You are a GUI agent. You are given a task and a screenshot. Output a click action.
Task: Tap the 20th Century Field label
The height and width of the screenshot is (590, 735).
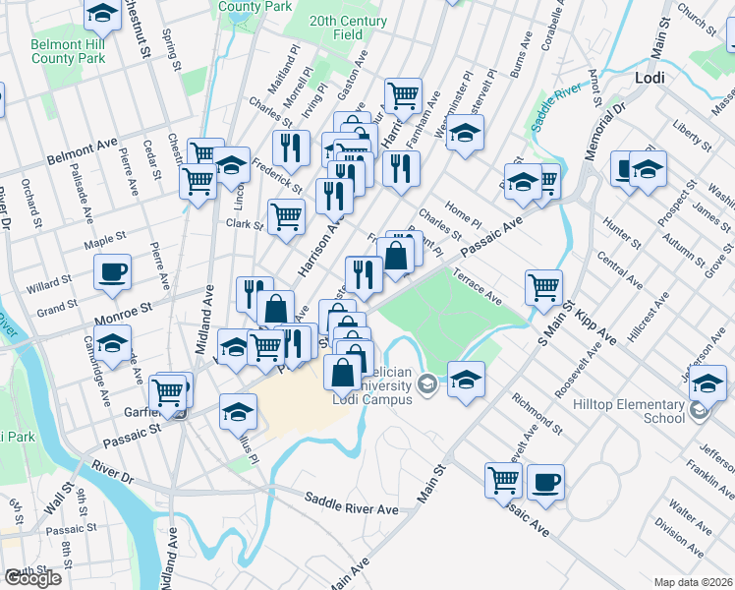click(348, 27)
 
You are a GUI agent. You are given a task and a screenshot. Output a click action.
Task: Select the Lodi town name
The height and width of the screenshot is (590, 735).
click(650, 77)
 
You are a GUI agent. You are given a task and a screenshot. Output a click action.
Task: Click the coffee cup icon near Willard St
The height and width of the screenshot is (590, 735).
click(113, 272)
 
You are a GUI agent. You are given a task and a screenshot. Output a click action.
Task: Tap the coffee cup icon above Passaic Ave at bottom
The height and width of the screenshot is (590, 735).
click(545, 482)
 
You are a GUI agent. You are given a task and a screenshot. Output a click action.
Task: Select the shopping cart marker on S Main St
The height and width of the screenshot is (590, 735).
click(543, 287)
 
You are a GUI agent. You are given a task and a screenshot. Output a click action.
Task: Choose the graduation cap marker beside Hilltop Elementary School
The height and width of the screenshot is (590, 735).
click(707, 383)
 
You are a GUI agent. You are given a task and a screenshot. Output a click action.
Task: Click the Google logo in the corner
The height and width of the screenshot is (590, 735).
click(31, 578)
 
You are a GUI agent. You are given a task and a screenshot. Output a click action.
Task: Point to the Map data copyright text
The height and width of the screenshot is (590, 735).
click(694, 581)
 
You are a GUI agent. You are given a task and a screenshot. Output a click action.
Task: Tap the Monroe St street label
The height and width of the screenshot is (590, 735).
click(123, 313)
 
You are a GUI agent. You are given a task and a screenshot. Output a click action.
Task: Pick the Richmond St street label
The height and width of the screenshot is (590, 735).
click(537, 414)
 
